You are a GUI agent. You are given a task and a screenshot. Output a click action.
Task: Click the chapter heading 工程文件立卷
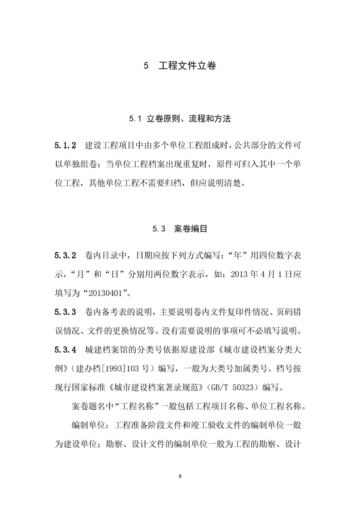point(187,66)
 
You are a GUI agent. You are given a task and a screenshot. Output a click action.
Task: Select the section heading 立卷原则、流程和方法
point(189,119)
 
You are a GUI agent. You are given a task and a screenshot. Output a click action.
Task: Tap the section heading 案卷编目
point(191,229)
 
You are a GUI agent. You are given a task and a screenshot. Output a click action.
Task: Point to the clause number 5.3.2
point(65,255)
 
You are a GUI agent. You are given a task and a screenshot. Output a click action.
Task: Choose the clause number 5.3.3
point(65,312)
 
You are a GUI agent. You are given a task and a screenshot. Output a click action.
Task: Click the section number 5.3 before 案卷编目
point(158,229)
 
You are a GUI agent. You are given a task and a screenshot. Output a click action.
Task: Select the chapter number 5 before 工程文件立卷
point(146,66)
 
